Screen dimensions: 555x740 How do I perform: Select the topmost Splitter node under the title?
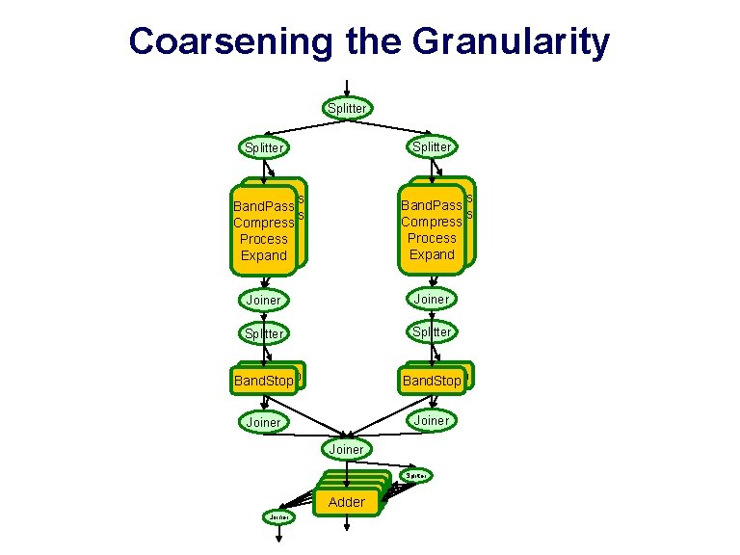[347, 108]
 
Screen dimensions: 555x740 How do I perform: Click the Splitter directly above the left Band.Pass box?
[264, 147]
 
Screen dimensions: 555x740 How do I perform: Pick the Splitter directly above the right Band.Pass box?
[431, 146]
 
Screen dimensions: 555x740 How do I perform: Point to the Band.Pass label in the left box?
[263, 205]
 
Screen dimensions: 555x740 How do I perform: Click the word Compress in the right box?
[431, 222]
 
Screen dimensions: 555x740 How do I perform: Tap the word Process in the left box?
[263, 238]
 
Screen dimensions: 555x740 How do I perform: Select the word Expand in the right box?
[431, 254]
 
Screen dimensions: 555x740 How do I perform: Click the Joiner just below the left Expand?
[264, 300]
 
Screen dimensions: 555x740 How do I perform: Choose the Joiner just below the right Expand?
[431, 299]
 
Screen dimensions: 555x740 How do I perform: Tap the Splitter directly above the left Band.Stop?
[264, 332]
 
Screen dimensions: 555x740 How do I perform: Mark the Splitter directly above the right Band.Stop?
[431, 331]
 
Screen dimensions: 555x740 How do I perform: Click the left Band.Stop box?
[263, 381]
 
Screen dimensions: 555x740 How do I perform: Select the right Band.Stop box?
[432, 381]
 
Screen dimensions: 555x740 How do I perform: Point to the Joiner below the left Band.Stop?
[264, 422]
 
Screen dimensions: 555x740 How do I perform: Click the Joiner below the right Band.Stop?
[431, 420]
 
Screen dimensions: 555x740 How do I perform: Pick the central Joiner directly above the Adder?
[347, 449]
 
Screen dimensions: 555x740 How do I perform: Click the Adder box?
[347, 501]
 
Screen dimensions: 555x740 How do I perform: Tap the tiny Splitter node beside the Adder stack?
[417, 475]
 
